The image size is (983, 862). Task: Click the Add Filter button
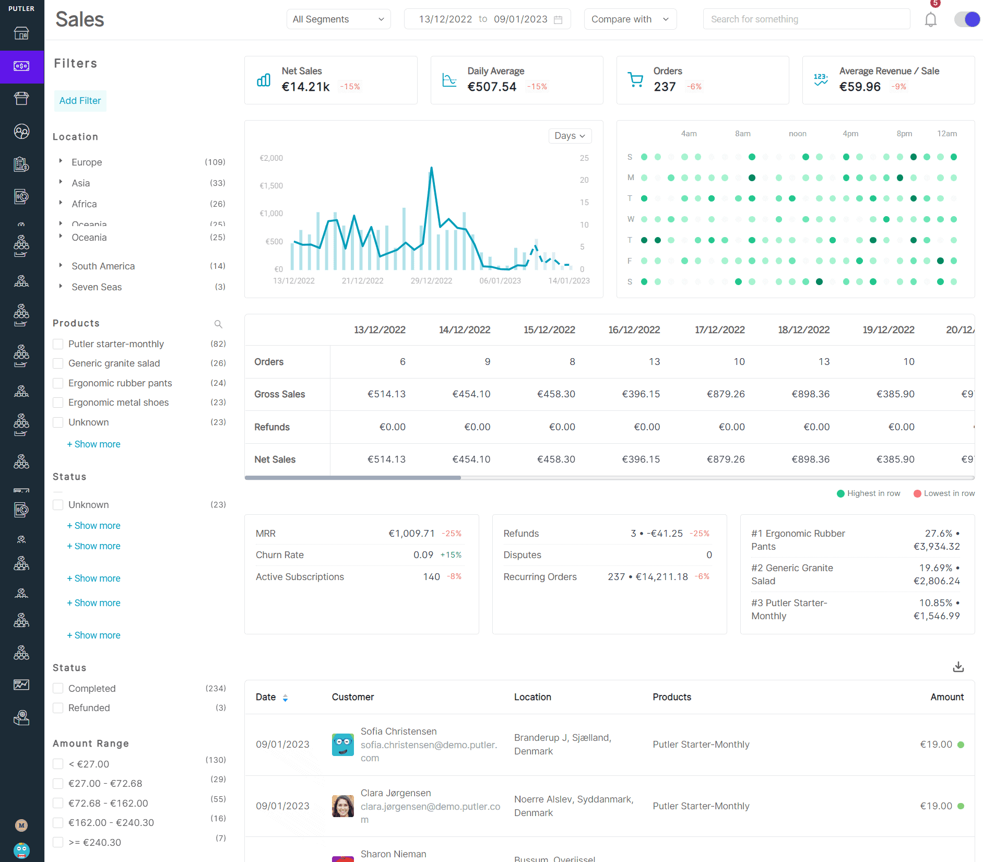click(x=80, y=101)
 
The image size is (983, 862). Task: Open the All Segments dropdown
click(x=338, y=19)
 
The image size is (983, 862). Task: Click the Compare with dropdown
click(x=630, y=19)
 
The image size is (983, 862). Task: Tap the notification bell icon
click(x=930, y=20)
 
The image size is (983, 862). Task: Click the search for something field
click(x=806, y=19)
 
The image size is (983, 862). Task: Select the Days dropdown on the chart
click(x=570, y=136)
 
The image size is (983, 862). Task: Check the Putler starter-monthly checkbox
click(x=58, y=344)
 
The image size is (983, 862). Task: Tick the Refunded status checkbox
click(x=58, y=708)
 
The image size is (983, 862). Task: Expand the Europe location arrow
click(x=61, y=161)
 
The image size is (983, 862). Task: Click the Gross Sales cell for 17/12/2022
click(x=726, y=394)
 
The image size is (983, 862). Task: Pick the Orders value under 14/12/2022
click(x=487, y=362)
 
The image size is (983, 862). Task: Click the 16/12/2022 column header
click(x=634, y=330)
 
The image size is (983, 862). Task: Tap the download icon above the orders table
click(x=958, y=667)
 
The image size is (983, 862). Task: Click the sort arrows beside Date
click(x=285, y=698)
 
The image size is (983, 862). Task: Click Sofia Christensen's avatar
click(x=343, y=745)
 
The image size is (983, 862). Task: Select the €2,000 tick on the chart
click(x=271, y=158)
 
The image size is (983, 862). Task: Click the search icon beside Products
click(x=218, y=324)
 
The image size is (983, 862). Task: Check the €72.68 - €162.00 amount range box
click(x=58, y=803)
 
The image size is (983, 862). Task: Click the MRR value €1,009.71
click(x=411, y=534)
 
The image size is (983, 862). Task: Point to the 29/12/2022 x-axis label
click(x=431, y=281)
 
